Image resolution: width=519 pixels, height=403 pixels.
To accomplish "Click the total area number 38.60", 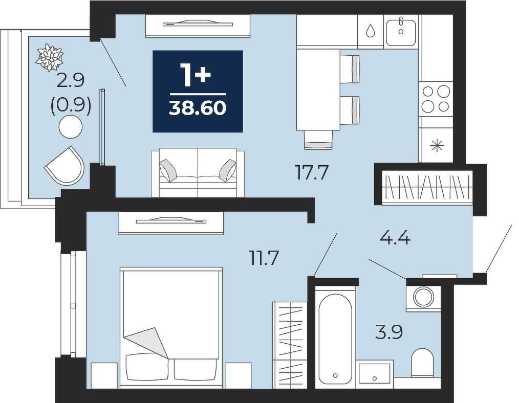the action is [x=198, y=107].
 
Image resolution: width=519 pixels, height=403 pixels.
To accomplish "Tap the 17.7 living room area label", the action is [x=312, y=172].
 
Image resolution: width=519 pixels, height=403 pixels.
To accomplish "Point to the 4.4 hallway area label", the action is [x=395, y=238].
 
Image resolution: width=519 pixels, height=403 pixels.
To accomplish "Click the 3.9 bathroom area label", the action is [x=389, y=332].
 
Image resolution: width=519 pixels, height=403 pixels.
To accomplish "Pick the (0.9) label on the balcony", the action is [x=71, y=105].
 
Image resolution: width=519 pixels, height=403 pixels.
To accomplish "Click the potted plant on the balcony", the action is [x=50, y=57].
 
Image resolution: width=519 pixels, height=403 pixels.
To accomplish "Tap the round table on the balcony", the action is [x=71, y=127].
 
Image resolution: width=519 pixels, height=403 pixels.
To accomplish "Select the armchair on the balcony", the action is [x=65, y=166].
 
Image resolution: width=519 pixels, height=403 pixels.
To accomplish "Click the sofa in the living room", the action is [x=198, y=172].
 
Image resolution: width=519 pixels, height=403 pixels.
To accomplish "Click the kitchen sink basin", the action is [x=401, y=32].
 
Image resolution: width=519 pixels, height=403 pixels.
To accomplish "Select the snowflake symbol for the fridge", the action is [x=437, y=145].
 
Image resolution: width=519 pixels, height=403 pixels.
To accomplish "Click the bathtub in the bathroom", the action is [x=335, y=337].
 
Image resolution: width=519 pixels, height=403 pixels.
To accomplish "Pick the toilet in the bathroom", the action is [x=422, y=363].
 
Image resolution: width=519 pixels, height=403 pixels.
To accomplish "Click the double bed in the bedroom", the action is [x=171, y=327].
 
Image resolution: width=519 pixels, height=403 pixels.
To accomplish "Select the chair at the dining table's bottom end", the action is [x=318, y=140].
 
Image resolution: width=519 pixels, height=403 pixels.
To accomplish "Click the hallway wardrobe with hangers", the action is [x=427, y=188].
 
